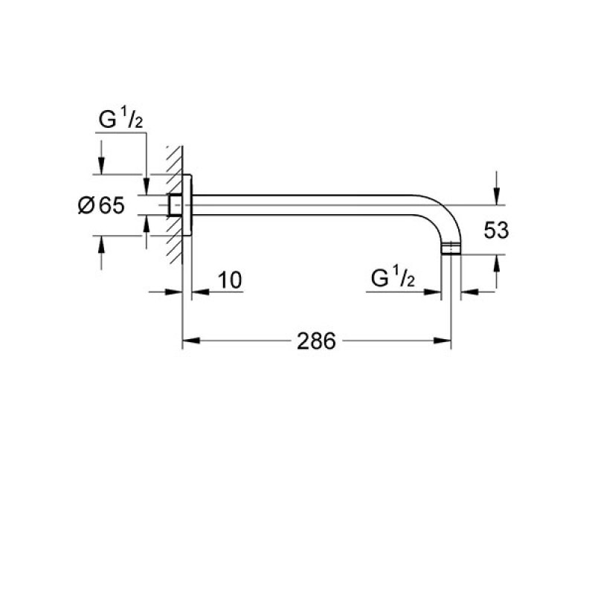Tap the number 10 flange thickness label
click(x=230, y=280)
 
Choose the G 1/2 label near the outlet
click(x=391, y=279)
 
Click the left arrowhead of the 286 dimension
click(x=190, y=341)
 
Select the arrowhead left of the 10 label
click(x=198, y=292)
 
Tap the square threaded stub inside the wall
click(x=175, y=206)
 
